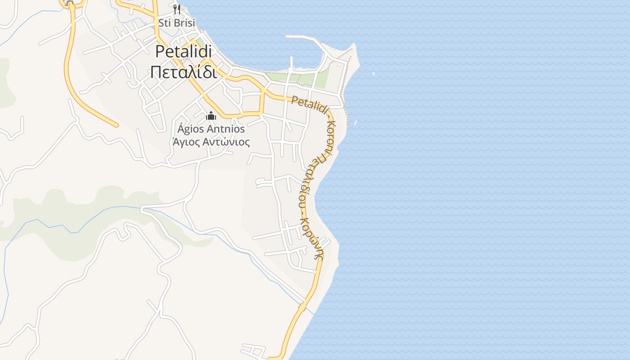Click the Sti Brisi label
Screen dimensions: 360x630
[176, 22]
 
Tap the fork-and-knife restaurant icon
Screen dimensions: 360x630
[177, 9]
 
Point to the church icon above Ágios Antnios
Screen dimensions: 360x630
[211, 116]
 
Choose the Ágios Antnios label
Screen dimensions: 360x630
[211, 129]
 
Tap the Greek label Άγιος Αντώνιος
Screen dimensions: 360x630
[211, 142]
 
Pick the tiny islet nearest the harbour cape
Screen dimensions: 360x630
[373, 73]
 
